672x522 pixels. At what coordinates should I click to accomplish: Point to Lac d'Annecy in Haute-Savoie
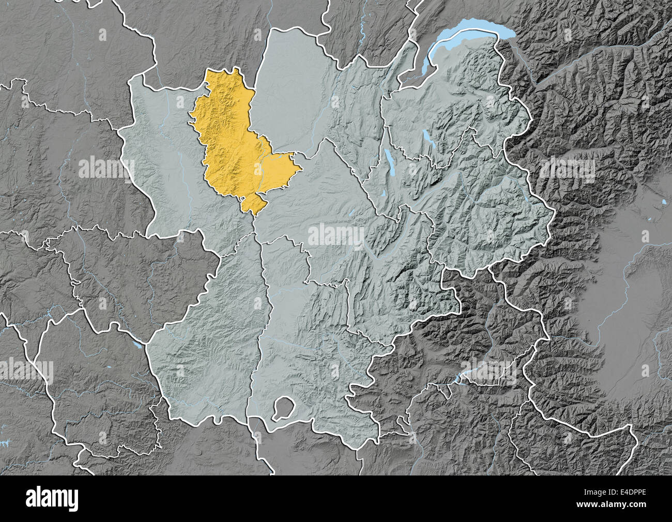[x=427, y=139]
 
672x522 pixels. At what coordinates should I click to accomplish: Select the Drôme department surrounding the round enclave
[x=310, y=362]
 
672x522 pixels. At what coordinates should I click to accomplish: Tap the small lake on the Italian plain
[x=663, y=201]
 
